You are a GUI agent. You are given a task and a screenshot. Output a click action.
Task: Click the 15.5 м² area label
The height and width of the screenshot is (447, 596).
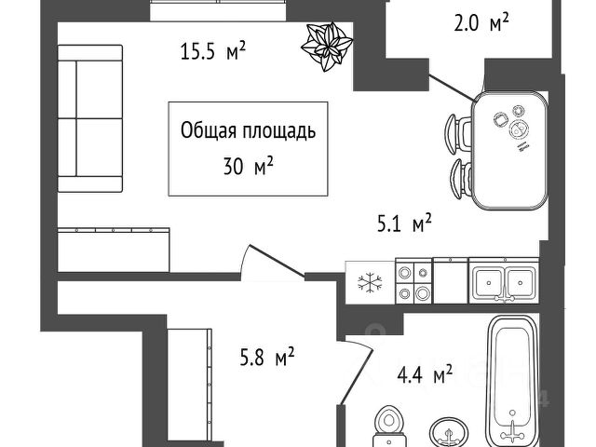click(213, 51)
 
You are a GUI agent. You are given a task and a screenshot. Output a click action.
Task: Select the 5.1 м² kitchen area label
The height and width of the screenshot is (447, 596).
click(402, 223)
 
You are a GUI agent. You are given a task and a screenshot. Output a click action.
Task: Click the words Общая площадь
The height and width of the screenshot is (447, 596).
click(248, 130)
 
